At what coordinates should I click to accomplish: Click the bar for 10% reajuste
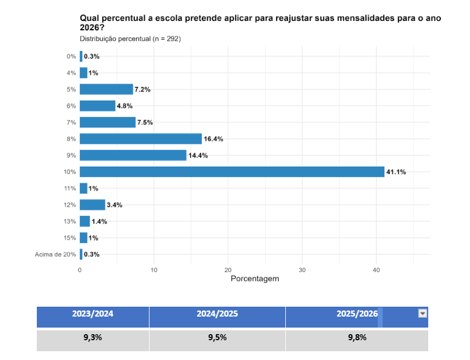231,172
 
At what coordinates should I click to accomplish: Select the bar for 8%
141,139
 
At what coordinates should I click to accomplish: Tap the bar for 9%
133,156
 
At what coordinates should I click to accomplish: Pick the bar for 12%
92,205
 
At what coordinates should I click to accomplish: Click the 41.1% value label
396,172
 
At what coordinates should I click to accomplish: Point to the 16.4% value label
213,139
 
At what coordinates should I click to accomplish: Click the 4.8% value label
125,106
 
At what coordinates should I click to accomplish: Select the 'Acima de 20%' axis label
55,254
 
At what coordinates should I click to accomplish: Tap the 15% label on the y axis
70,238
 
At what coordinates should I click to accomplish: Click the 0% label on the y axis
71,57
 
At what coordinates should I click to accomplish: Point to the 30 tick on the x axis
302,270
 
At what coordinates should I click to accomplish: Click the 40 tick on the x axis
376,270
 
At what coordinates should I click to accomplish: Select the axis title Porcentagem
255,279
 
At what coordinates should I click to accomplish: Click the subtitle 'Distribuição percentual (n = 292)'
130,39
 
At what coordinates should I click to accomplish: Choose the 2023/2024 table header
92,314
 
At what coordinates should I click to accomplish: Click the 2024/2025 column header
217,314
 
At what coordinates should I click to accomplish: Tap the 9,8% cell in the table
357,337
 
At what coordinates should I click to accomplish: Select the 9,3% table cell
92,337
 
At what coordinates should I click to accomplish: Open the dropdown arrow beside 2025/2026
422,313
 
